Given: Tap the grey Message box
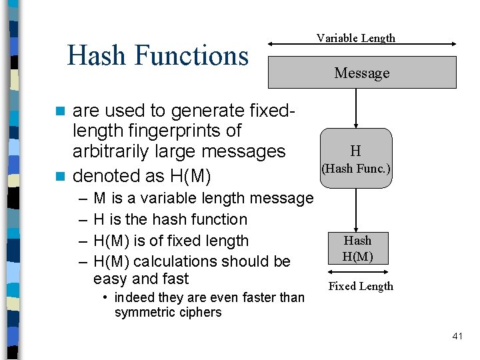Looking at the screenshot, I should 362,73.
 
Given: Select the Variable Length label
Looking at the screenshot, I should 355,38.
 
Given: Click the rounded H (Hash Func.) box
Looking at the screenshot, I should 356,159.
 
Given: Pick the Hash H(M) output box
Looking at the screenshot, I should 357,249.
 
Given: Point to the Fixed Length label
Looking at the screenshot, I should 361,286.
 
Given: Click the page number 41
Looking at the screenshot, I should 457,336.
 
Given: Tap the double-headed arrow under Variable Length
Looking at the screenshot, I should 362,45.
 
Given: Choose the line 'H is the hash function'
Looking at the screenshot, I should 170,219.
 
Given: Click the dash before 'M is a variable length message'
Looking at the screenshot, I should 81,198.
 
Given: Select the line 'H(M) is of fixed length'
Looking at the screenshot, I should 171,241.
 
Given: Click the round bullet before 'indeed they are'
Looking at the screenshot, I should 106,297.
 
